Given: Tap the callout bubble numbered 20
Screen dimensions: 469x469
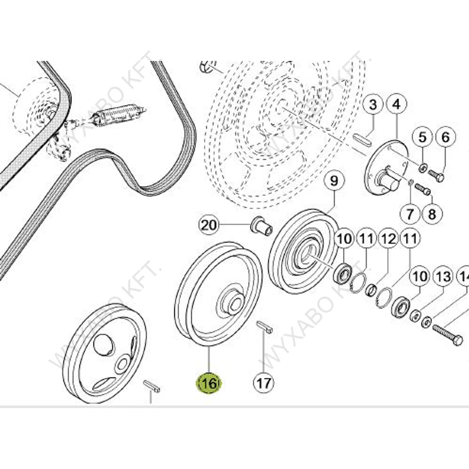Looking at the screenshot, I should coord(208,225).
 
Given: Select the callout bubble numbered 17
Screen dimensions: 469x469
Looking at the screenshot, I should coord(263,383).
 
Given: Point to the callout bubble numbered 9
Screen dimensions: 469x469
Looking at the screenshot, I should coord(334,181).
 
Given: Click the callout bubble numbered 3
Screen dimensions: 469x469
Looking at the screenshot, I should coord(373,105).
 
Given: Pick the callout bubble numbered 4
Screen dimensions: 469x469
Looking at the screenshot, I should coord(396,105).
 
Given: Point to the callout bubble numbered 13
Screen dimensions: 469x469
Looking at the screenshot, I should coord(443,277).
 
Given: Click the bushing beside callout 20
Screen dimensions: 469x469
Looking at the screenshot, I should coord(261,225).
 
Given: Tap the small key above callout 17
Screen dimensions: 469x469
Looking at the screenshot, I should coord(265,326).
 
